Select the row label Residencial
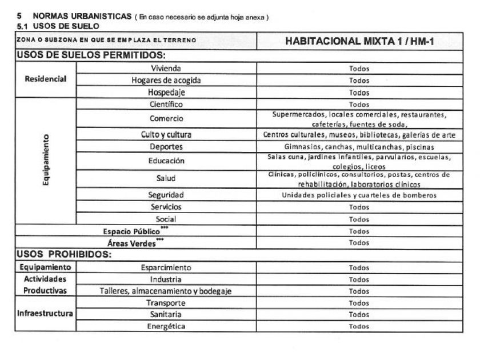tap(45, 80)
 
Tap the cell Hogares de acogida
tap(166, 81)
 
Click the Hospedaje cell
tap(166, 93)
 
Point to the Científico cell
tap(166, 105)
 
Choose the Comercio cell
tap(166, 119)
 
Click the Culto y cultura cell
tap(166, 135)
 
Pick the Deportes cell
tap(166, 147)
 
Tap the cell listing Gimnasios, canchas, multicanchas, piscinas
tap(359, 147)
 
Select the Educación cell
tap(166, 161)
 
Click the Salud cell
tap(166, 178)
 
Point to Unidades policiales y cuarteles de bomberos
tap(359, 195)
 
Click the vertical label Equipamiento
tap(45, 161)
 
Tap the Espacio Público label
tap(131, 231)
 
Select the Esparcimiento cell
tap(166, 267)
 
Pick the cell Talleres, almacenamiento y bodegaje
tap(166, 291)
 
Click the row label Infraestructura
tap(45, 314)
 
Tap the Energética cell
tap(166, 326)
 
